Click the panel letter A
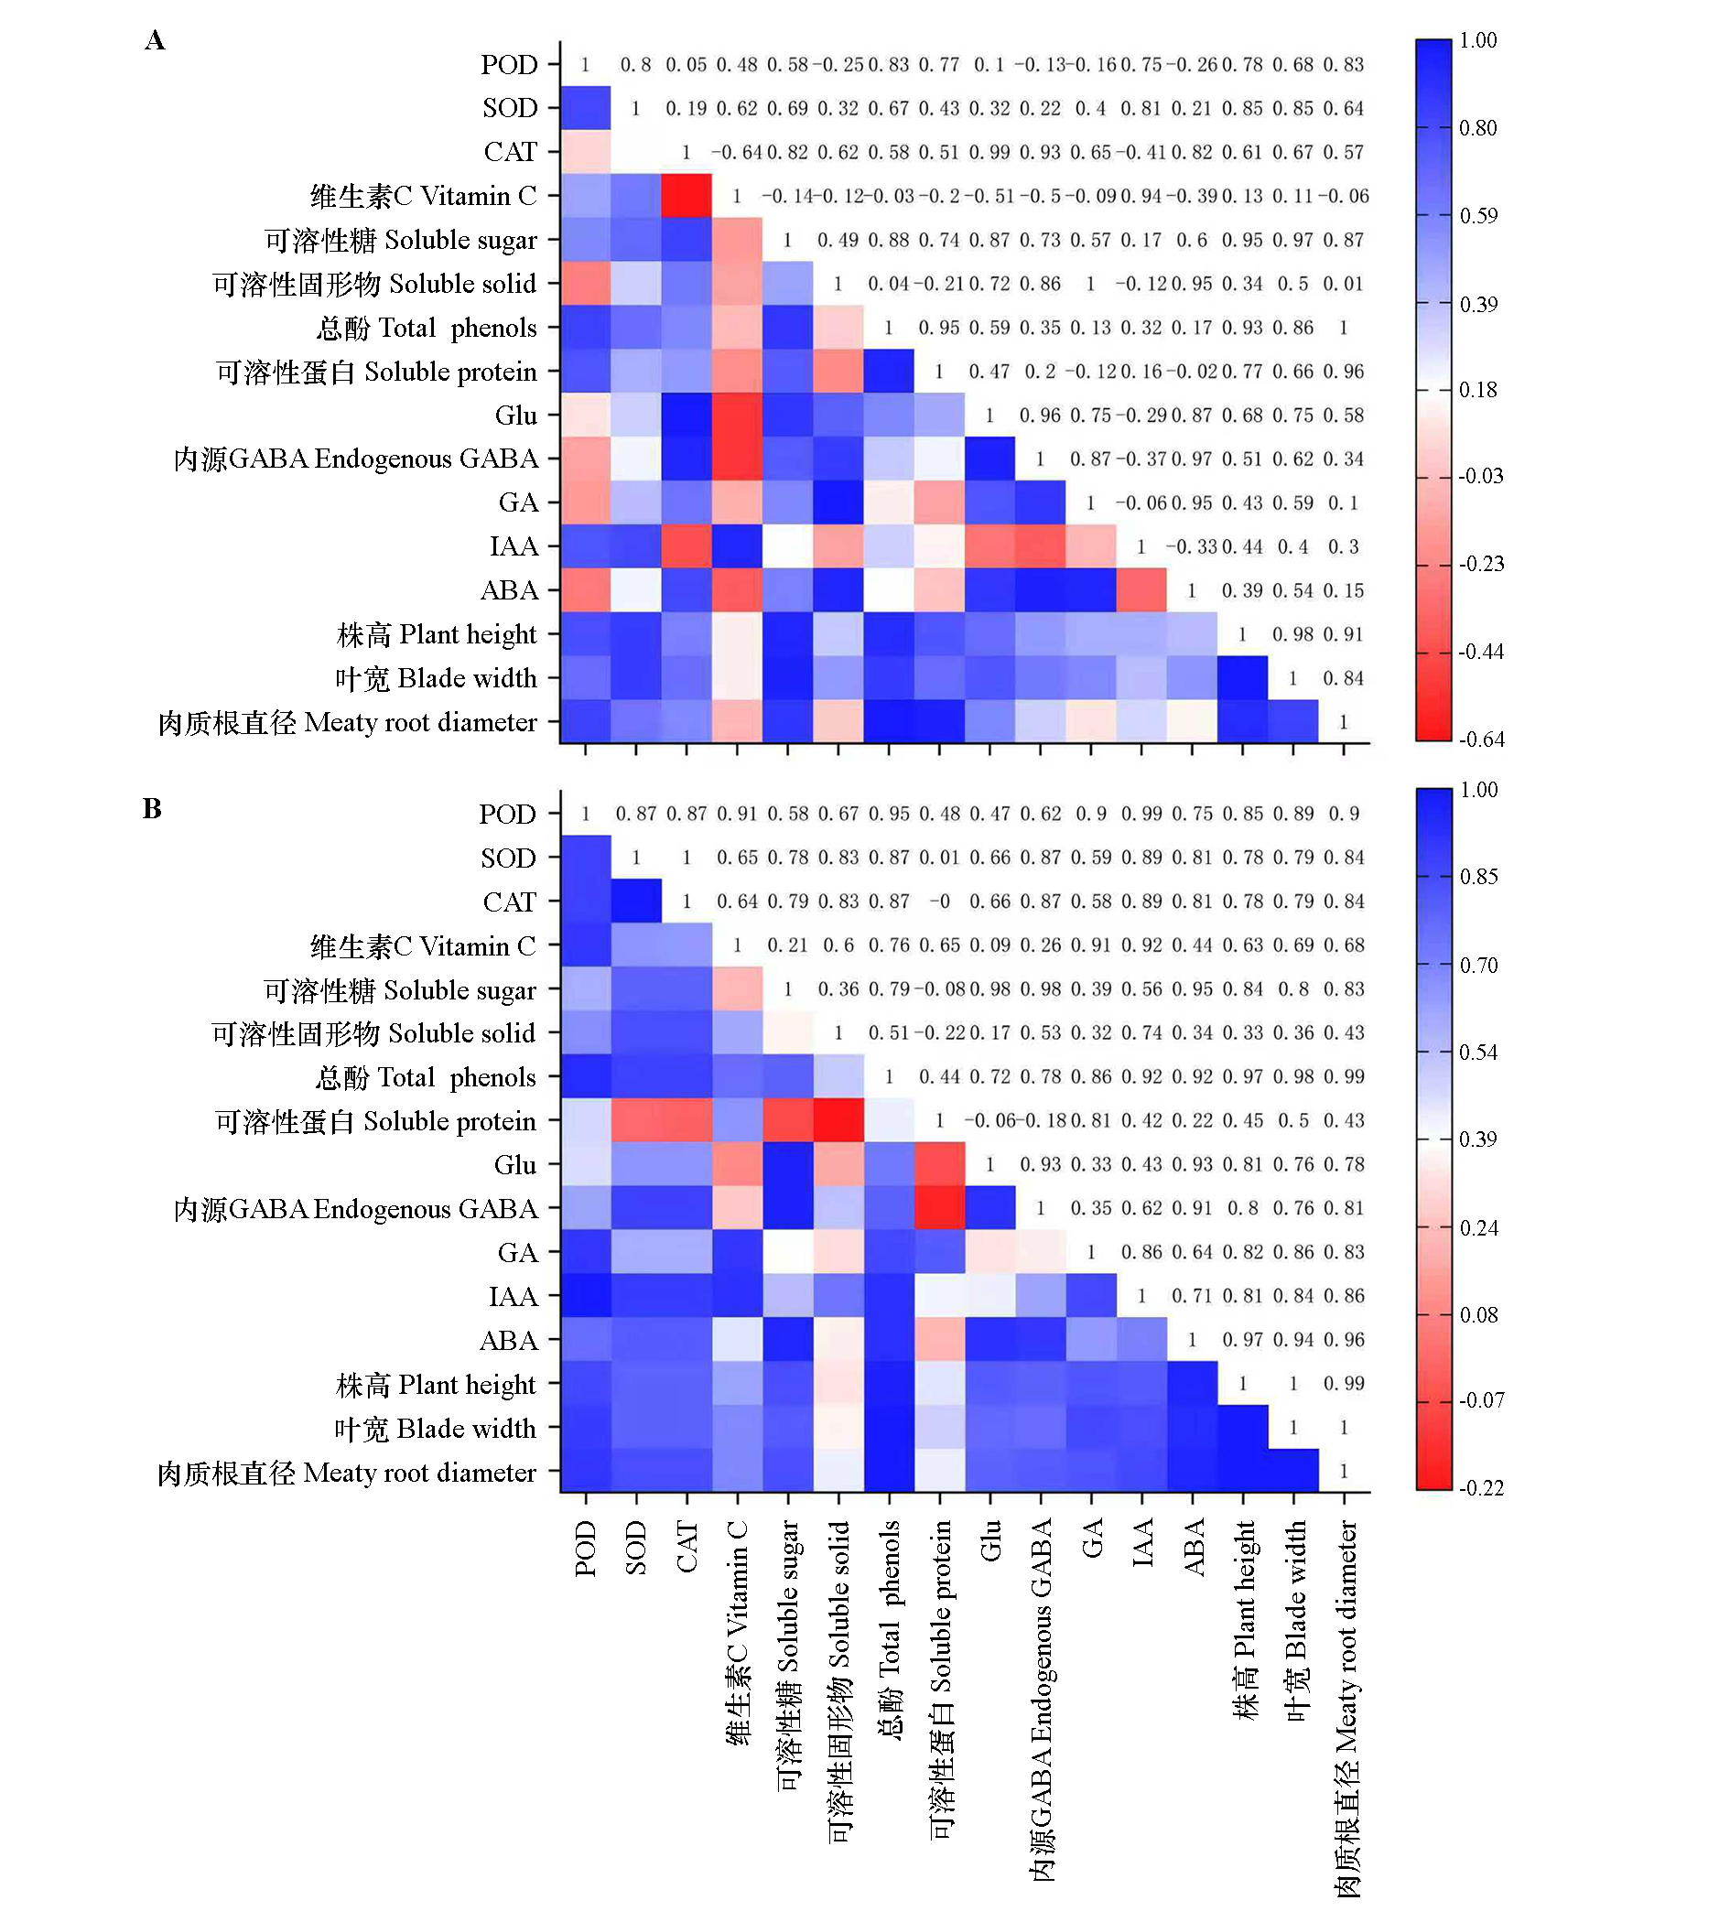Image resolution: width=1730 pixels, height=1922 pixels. pyautogui.click(x=155, y=40)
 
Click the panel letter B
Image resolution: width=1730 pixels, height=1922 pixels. pyautogui.click(x=152, y=809)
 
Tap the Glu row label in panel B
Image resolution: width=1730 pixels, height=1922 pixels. pyautogui.click(x=515, y=1165)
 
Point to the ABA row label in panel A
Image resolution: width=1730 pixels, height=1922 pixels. pyautogui.click(x=510, y=590)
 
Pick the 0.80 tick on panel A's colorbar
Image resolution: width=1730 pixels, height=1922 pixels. pyautogui.click(x=1478, y=128)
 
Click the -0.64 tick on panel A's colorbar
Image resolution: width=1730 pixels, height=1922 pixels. pyautogui.click(x=1482, y=740)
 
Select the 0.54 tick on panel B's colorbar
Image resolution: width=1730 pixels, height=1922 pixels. pyautogui.click(x=1478, y=1053)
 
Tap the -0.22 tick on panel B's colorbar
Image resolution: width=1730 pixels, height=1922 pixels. pyautogui.click(x=1482, y=1487)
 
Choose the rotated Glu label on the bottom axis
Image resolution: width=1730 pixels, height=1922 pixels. pyautogui.click(x=990, y=1539)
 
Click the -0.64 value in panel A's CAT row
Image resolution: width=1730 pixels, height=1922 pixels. pyautogui.click(x=737, y=152)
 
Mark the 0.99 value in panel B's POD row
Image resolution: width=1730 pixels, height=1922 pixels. pyautogui.click(x=1141, y=815)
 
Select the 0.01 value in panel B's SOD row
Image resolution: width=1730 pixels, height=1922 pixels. pyautogui.click(x=939, y=858)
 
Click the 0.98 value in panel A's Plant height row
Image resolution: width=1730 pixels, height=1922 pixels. pyautogui.click(x=1292, y=634)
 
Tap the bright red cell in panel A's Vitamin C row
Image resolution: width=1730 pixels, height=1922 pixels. pyautogui.click(x=687, y=196)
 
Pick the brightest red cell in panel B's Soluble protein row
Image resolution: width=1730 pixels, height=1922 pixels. pyautogui.click(x=838, y=1120)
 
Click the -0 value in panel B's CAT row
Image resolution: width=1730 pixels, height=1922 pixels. pyautogui.click(x=939, y=902)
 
